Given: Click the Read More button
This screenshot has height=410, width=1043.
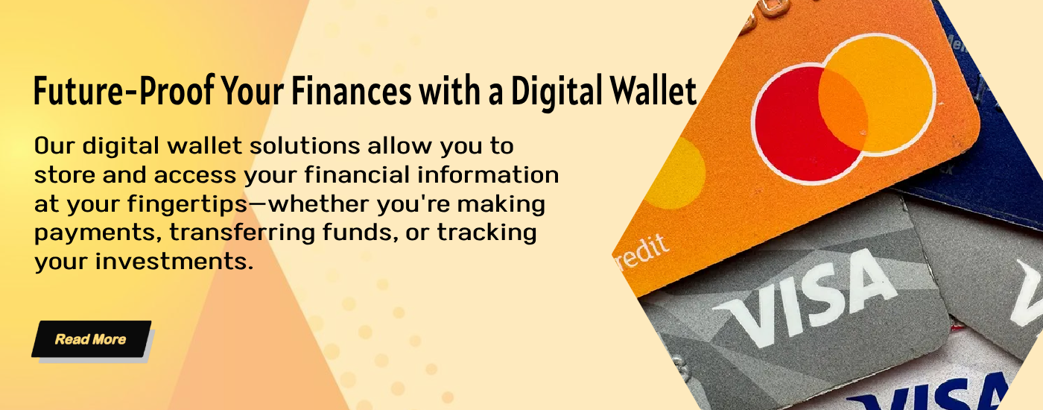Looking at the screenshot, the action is coord(91,338).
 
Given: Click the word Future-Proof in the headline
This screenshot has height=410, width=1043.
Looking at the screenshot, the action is coord(124,90).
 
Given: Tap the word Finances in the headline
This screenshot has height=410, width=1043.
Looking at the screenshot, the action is coord(352,90).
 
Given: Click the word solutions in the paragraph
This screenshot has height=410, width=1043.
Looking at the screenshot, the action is coord(305,146).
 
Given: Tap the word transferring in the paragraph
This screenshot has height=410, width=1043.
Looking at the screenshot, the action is coord(242,233).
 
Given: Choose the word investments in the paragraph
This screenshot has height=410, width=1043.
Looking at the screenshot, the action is coord(174,262).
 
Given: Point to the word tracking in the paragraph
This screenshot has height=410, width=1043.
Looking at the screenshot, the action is coord(487,233).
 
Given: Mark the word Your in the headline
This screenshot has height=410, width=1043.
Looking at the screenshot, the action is coord(253,90).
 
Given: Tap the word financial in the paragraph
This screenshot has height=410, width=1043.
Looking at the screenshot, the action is coord(356,174).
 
